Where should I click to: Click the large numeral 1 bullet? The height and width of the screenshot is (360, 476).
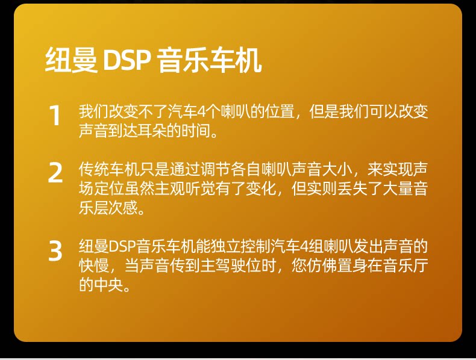point(55,115)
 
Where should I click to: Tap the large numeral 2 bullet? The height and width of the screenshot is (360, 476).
point(55,173)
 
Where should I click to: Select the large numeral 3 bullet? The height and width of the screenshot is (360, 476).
point(55,250)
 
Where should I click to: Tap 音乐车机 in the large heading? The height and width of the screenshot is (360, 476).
point(210,60)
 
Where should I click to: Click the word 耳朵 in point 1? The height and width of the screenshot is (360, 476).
point(153,131)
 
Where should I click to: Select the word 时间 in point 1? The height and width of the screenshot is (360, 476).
point(196,131)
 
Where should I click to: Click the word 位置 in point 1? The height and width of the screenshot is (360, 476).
point(280,111)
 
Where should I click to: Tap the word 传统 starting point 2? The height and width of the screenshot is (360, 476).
point(94,169)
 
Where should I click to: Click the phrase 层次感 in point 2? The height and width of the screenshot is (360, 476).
point(116,208)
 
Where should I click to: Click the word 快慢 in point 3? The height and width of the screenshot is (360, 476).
point(94,265)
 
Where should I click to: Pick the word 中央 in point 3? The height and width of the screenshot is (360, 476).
point(108,285)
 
